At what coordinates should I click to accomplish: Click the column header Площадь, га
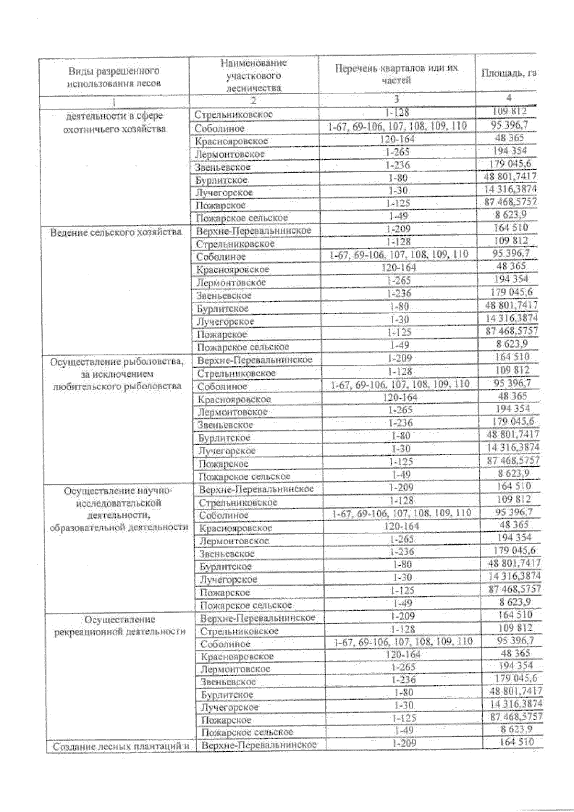pos(508,73)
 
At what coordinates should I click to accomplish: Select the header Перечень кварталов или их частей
pos(396,74)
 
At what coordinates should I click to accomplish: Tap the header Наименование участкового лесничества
pos(254,75)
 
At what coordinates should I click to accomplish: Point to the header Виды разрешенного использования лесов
pos(114,77)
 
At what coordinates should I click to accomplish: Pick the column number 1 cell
pos(114,101)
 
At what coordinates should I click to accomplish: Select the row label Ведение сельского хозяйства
pos(116,232)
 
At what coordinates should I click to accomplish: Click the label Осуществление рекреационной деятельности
pos(119,625)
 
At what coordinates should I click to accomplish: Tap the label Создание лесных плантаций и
pos(119,746)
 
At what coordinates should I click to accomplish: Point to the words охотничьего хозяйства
pos(115,129)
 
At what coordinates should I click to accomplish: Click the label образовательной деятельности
pos(119,527)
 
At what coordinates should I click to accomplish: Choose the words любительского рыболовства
pos(117,386)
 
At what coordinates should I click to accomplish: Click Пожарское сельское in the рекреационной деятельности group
pos(247,732)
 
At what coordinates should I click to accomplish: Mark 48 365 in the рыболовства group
pos(511,396)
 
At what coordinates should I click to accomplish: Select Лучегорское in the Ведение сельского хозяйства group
pos(225,321)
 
